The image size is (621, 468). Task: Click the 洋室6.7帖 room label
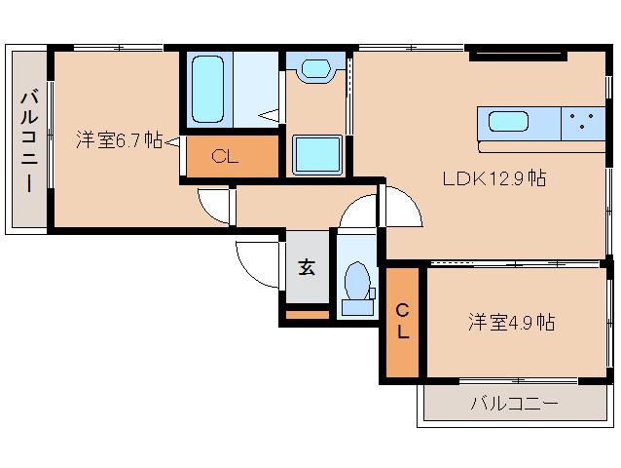click(x=119, y=140)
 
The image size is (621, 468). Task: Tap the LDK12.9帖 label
click(x=493, y=178)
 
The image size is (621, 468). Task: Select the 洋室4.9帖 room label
click(x=510, y=322)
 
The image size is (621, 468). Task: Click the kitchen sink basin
click(x=508, y=123)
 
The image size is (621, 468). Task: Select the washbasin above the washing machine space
click(x=315, y=69)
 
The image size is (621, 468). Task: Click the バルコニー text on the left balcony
click(x=28, y=140)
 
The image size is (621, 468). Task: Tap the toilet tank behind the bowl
click(x=357, y=306)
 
